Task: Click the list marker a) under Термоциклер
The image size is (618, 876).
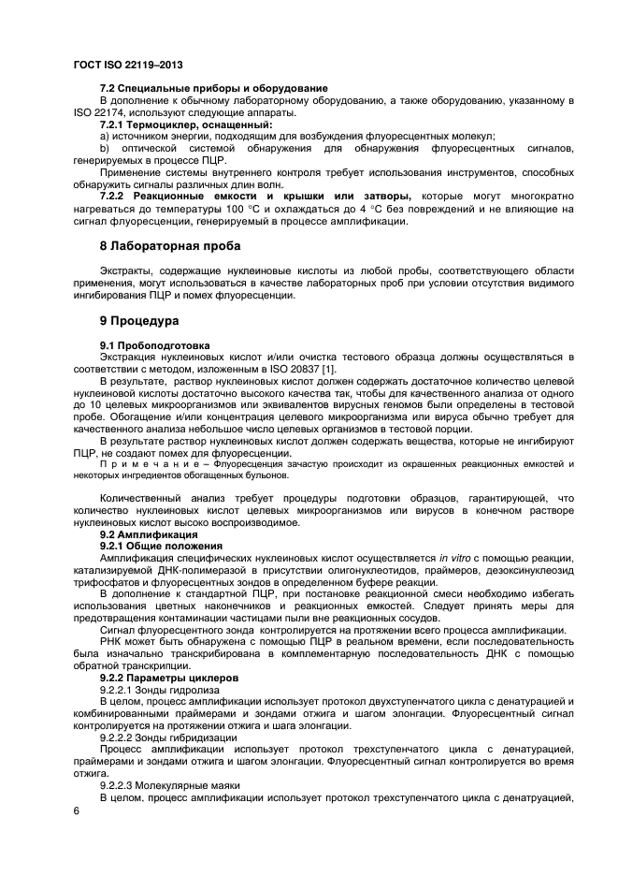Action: [x=105, y=137]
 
